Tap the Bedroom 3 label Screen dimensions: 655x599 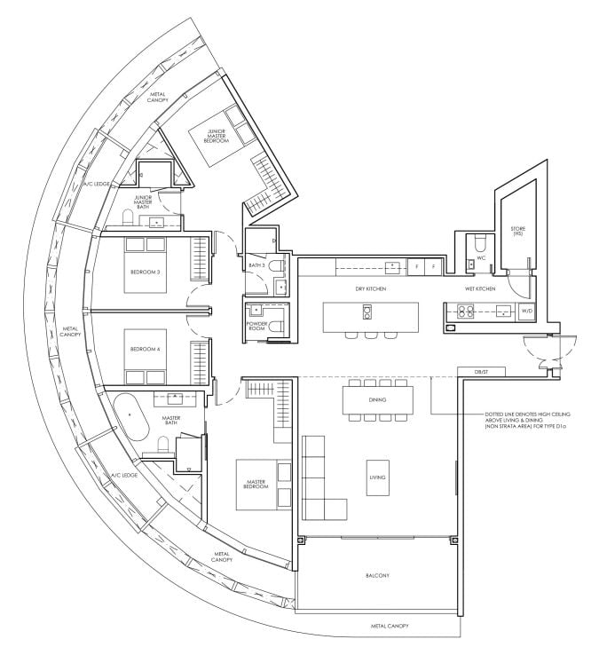tap(146, 272)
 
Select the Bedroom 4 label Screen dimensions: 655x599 tap(146, 350)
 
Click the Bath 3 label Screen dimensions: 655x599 tap(258, 265)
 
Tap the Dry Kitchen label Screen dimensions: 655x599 tap(371, 289)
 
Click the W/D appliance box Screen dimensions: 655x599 tap(525, 312)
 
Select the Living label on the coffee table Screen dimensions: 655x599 tap(378, 477)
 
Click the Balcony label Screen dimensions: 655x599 tap(376, 575)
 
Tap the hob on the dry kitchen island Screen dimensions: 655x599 tap(366, 312)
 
